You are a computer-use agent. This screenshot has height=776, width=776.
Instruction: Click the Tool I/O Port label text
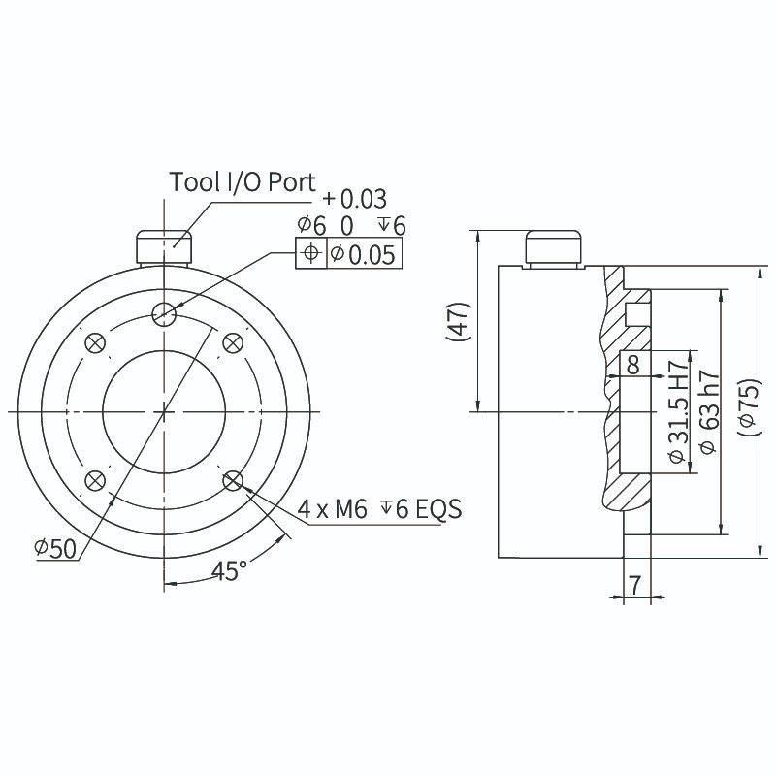(x=242, y=181)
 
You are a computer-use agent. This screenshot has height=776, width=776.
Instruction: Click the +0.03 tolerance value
(x=355, y=199)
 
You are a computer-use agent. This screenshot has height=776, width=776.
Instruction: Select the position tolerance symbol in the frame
(x=310, y=253)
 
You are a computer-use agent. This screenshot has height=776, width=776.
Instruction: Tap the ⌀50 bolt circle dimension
(x=55, y=548)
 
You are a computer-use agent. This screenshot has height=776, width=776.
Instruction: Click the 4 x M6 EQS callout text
(x=379, y=508)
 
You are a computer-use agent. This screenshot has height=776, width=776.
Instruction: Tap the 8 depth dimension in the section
(x=633, y=366)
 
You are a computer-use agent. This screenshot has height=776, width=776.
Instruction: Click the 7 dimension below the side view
(x=635, y=585)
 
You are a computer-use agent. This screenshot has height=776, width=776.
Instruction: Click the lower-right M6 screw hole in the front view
(x=233, y=480)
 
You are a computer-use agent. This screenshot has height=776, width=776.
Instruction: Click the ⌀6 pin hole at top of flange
(x=164, y=312)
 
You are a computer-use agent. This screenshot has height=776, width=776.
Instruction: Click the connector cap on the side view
(x=553, y=246)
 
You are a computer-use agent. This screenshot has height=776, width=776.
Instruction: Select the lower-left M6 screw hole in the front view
(x=95, y=480)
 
